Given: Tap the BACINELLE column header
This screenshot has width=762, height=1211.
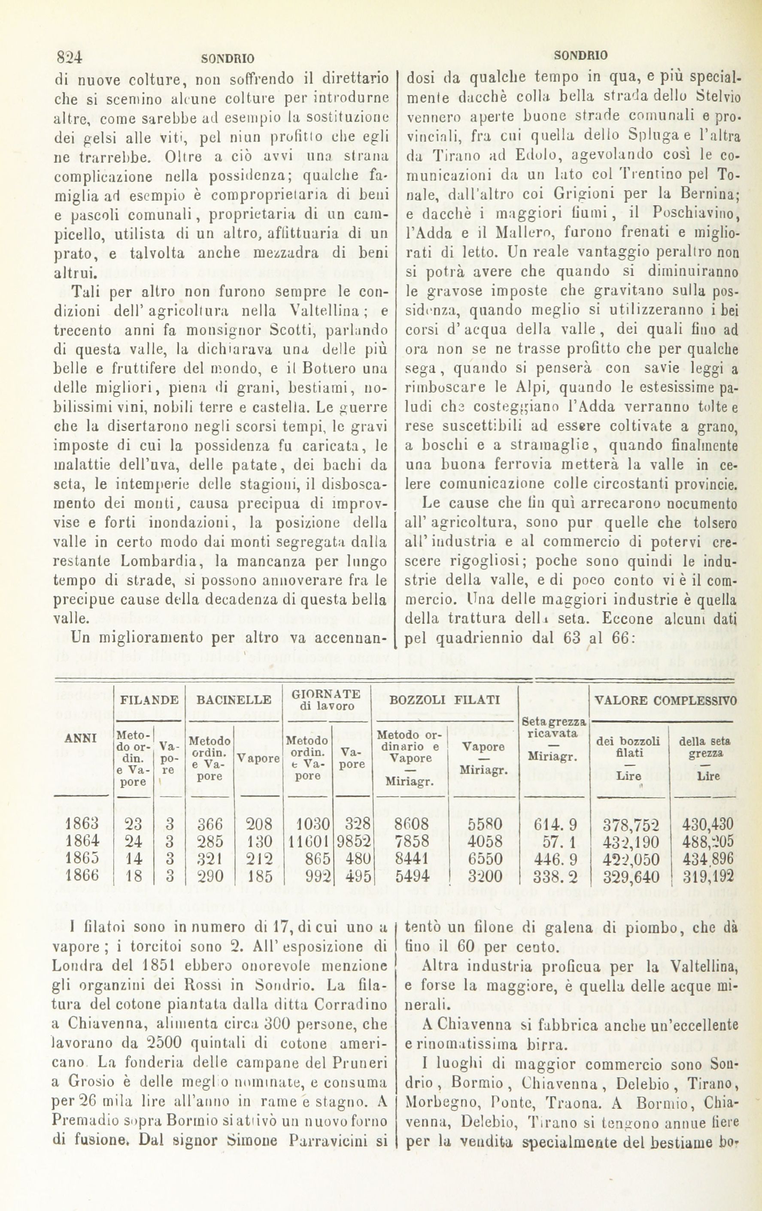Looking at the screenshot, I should click(x=234, y=699).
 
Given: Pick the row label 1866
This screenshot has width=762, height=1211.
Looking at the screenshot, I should click(x=82, y=876).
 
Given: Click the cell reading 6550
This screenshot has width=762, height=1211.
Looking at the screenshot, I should click(x=484, y=859).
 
